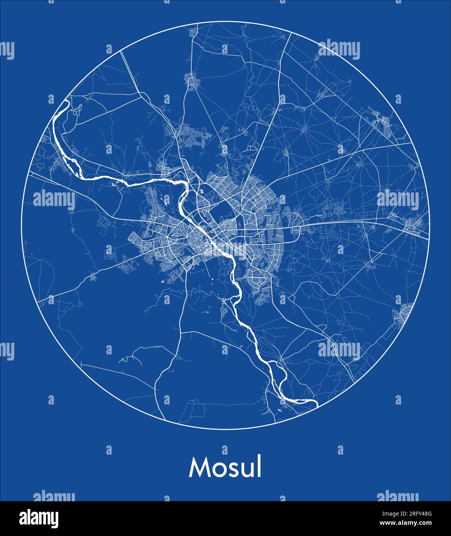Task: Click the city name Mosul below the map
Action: point(225,467)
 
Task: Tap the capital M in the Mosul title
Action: point(198,467)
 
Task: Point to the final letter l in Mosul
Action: point(259,467)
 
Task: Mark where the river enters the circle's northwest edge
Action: point(66,101)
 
